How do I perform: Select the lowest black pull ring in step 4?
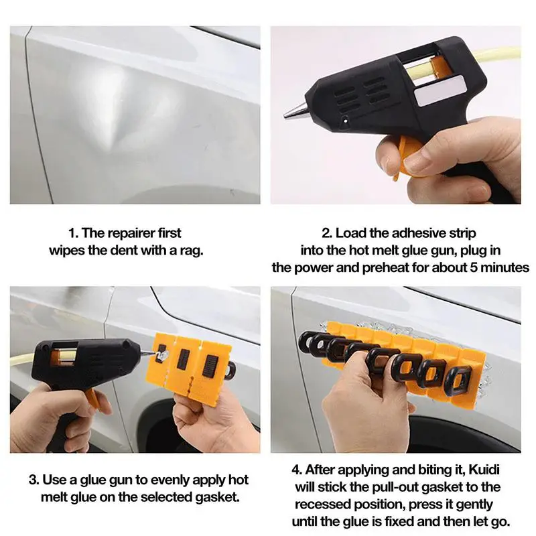(457, 379)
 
